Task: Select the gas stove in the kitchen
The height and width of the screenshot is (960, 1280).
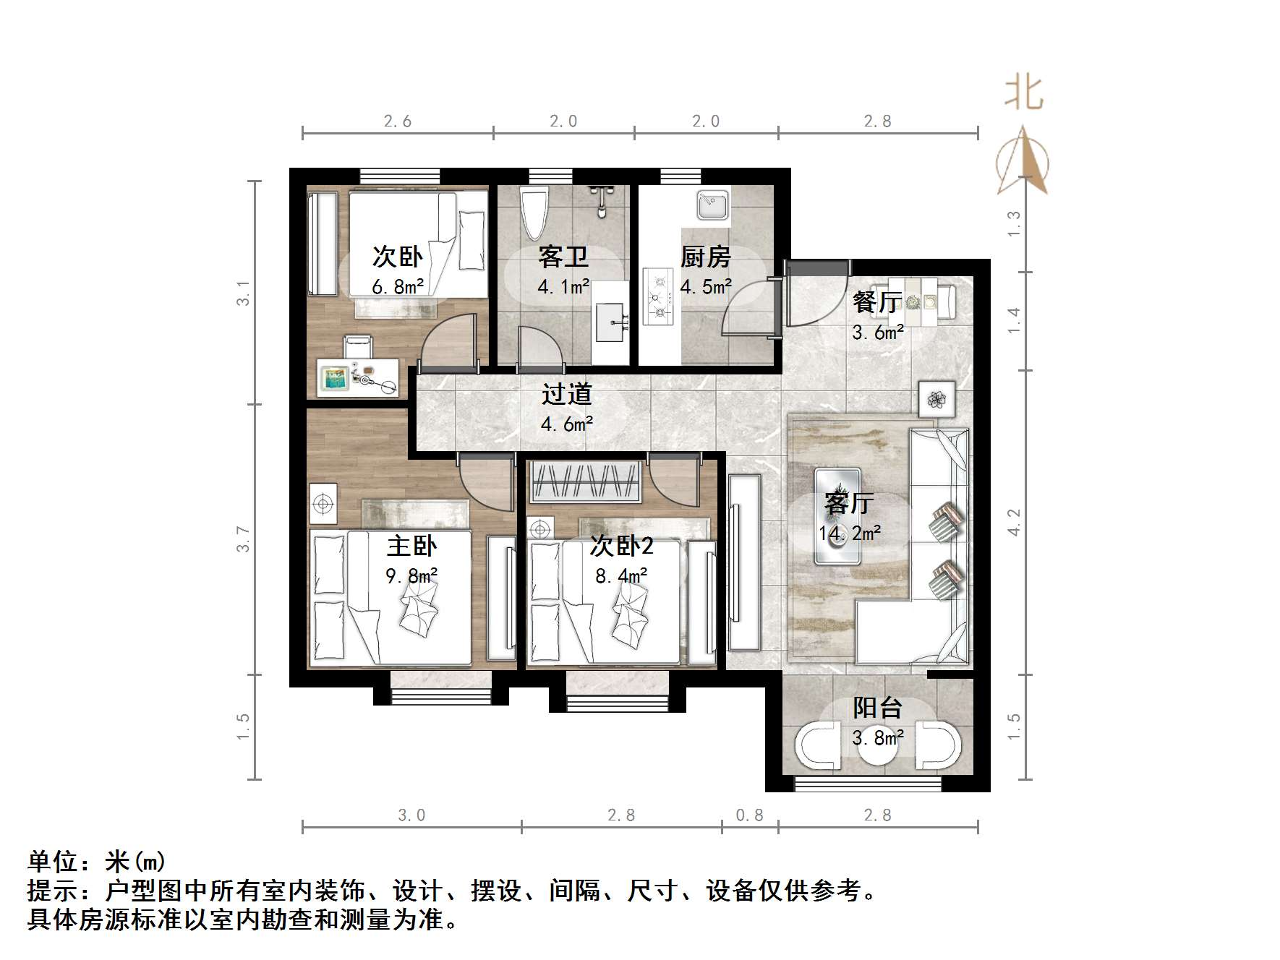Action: (x=657, y=296)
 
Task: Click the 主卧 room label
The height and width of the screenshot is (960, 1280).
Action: (x=411, y=546)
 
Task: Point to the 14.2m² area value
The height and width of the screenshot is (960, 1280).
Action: (x=849, y=533)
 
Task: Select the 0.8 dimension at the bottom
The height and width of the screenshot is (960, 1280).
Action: (x=749, y=815)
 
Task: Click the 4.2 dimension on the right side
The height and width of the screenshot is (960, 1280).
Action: (x=1014, y=522)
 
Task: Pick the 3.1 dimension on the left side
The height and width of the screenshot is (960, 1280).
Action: (x=244, y=293)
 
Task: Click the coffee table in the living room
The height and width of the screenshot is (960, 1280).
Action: (x=837, y=515)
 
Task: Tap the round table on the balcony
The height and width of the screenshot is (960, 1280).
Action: (x=878, y=747)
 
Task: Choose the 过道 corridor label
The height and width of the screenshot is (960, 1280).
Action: (x=567, y=395)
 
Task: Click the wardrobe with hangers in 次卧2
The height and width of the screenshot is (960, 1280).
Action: (x=586, y=481)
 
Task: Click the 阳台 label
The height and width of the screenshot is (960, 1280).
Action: (x=877, y=707)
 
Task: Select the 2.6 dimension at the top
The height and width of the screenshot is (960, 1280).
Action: (x=397, y=121)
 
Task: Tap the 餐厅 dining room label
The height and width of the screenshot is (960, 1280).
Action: (x=876, y=302)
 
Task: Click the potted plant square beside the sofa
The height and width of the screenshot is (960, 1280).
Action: (x=937, y=399)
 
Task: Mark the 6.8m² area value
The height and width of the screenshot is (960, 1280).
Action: (x=397, y=287)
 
